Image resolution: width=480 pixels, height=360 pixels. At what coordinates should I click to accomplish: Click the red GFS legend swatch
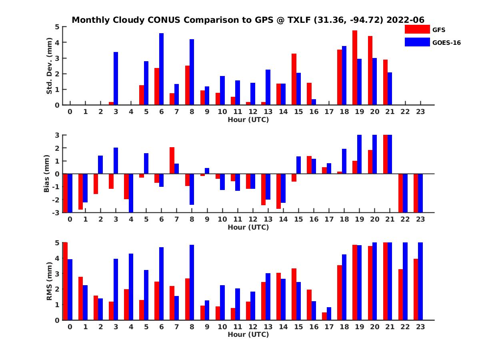pos(417,30)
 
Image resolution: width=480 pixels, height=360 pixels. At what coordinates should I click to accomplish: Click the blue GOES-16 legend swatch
pos(417,42)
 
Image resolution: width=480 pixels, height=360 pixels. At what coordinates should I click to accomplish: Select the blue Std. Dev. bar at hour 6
pos(162,69)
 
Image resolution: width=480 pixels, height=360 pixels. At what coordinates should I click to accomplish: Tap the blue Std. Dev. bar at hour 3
pos(116,78)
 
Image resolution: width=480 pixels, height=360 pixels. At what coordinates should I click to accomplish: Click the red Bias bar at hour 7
pos(172,160)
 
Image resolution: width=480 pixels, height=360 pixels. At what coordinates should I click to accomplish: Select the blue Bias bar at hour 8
pos(192,189)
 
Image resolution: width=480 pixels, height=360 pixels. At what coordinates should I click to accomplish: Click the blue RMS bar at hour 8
pos(192,282)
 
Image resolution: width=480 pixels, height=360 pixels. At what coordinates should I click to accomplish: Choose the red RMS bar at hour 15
pos(294,294)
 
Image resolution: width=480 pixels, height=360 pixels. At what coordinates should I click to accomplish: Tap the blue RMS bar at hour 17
pos(329,314)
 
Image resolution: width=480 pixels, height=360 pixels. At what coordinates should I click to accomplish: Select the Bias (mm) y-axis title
pos(46,174)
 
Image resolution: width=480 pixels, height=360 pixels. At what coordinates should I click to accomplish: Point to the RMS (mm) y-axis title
pos(50,281)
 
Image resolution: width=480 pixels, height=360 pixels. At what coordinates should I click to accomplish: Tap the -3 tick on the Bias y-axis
pos(56,212)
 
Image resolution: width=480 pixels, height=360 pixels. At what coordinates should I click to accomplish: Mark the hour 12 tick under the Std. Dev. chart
pos(252,112)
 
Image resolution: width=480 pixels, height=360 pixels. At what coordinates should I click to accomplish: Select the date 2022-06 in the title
pos(405,20)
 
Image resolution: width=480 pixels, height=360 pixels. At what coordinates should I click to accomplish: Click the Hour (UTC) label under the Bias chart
pos(248,227)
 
